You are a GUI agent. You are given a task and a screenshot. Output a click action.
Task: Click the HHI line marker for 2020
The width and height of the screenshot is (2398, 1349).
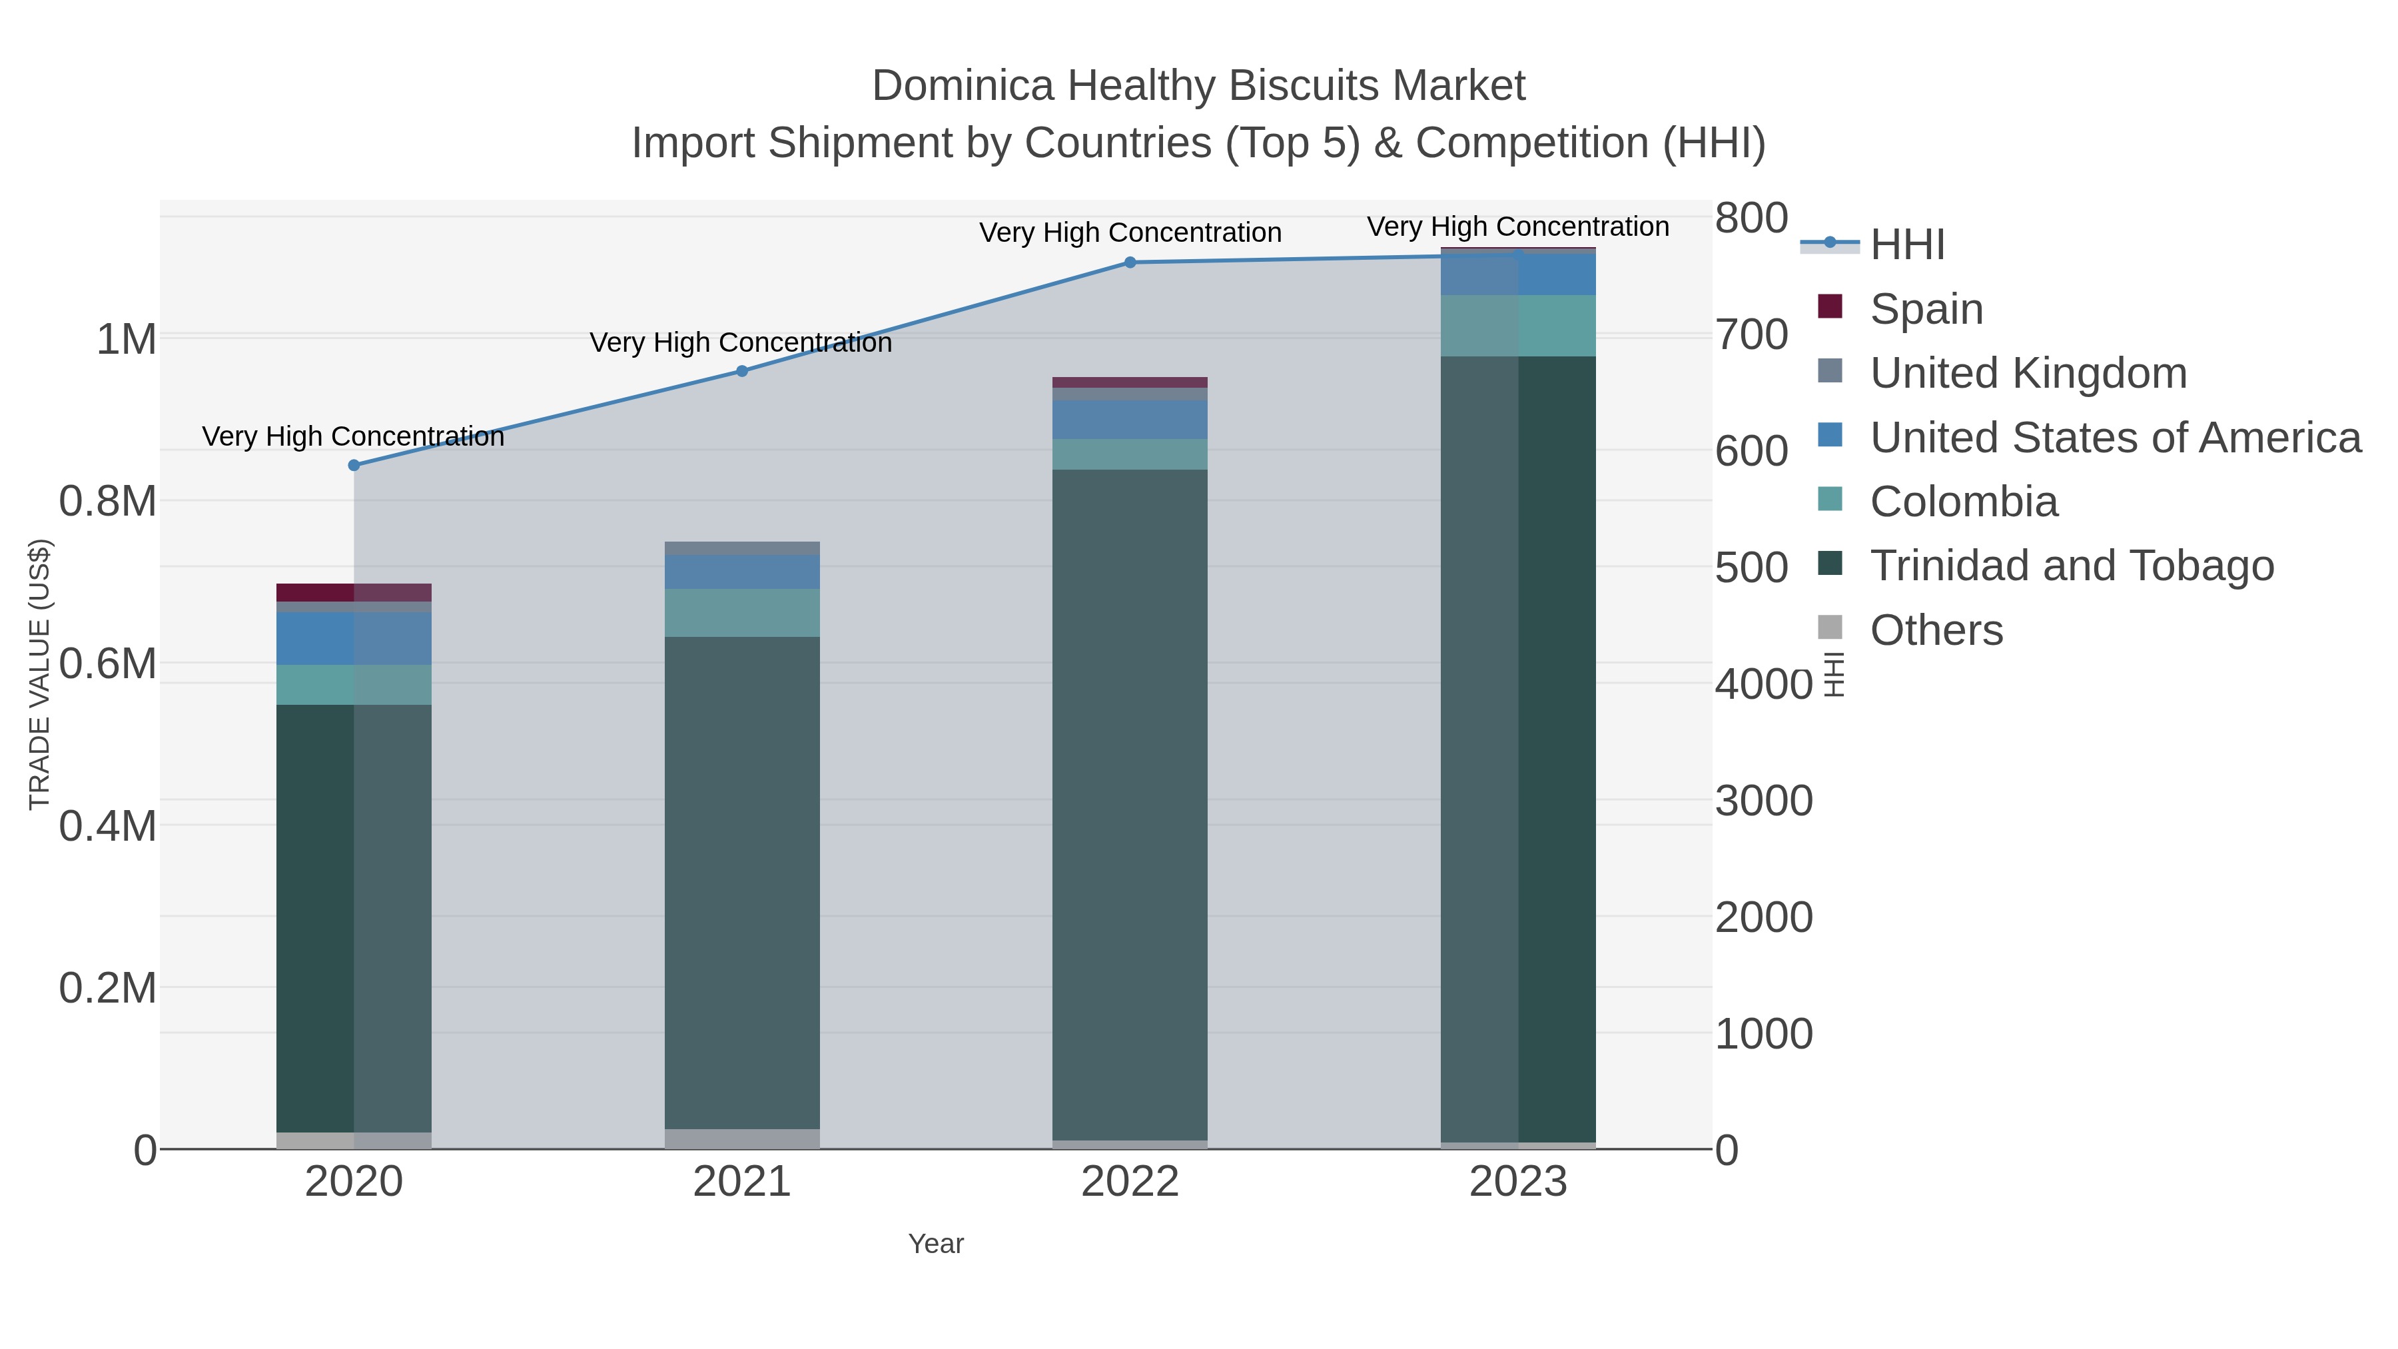point(354,466)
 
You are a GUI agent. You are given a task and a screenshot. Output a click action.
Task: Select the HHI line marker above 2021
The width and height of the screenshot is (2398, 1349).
point(742,372)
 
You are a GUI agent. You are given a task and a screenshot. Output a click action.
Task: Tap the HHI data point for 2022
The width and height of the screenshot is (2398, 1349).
point(1130,262)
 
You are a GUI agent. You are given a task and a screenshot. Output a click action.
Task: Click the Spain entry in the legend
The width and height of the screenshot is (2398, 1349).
point(1925,308)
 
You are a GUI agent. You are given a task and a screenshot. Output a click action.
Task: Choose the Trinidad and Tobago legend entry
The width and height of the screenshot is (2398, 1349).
point(2071,565)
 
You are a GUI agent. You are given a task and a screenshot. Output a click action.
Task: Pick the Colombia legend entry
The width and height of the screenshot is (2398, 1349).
point(1963,501)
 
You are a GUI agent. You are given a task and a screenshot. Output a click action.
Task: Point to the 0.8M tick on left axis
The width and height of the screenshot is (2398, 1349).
point(108,502)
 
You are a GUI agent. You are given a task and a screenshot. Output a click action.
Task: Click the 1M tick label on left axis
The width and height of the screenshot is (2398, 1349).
point(127,340)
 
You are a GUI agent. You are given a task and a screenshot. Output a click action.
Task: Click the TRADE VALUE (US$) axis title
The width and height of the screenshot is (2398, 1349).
point(40,674)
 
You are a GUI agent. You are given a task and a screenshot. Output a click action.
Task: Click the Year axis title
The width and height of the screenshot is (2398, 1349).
point(936,1244)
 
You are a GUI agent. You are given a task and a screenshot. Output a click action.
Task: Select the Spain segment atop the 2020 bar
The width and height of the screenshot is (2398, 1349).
point(354,592)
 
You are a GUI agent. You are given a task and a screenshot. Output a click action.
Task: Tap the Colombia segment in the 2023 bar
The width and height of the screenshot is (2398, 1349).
point(1518,326)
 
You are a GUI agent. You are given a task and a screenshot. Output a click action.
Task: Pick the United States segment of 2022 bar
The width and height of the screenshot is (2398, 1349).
point(1130,420)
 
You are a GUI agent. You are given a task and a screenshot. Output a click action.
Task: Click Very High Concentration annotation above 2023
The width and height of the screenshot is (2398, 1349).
point(1517,227)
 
